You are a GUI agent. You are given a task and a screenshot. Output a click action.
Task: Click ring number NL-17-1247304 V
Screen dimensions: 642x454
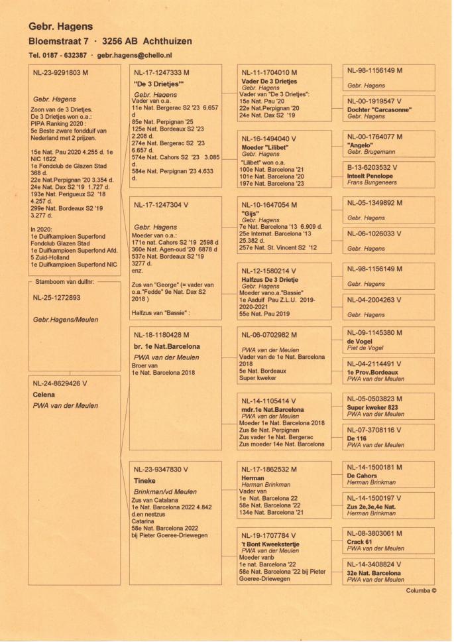point(162,205)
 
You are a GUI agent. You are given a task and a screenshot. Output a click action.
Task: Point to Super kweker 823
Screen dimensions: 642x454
point(373,407)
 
